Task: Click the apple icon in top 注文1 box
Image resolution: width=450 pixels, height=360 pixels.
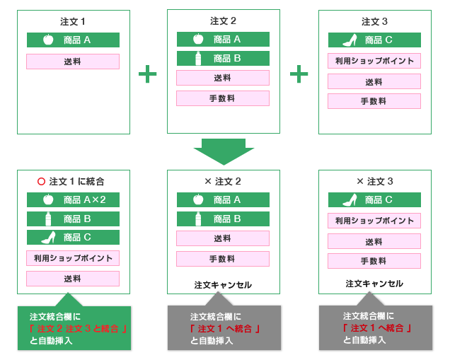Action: [48, 40]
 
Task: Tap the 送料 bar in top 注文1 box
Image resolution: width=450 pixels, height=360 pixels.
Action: [73, 62]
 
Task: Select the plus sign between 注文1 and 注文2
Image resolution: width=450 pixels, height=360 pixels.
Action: [147, 73]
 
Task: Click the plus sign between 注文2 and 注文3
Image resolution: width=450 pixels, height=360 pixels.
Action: [299, 73]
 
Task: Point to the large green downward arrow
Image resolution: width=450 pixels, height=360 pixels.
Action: [224, 151]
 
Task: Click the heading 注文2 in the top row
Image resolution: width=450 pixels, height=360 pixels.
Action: [223, 21]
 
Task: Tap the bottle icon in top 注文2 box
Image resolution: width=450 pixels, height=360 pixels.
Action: [199, 58]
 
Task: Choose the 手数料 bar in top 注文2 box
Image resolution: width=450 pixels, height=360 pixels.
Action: [223, 98]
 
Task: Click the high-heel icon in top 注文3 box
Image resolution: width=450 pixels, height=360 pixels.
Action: [350, 40]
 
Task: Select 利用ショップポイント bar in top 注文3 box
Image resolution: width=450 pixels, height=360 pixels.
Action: [374, 61]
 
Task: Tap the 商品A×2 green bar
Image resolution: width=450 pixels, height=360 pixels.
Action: [73, 200]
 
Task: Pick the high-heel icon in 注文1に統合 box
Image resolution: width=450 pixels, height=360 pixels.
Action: [48, 237]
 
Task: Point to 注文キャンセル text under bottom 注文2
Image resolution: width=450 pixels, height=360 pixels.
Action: [223, 285]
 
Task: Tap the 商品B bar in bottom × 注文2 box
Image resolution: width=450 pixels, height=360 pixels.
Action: [223, 219]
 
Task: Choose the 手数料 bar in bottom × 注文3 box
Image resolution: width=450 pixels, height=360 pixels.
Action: [374, 261]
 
